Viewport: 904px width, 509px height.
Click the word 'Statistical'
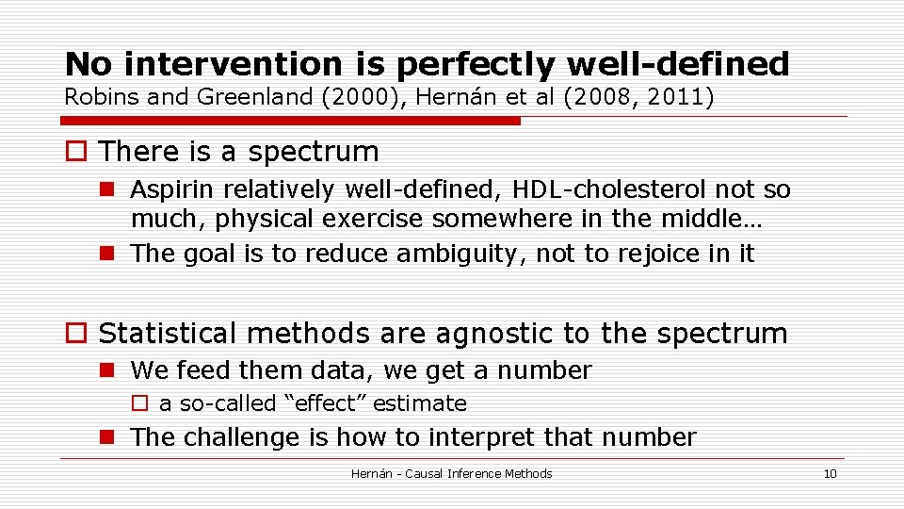pyautogui.click(x=169, y=333)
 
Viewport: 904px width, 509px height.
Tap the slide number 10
pyautogui.click(x=829, y=473)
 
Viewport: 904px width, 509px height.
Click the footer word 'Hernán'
pyautogui.click(x=372, y=473)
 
